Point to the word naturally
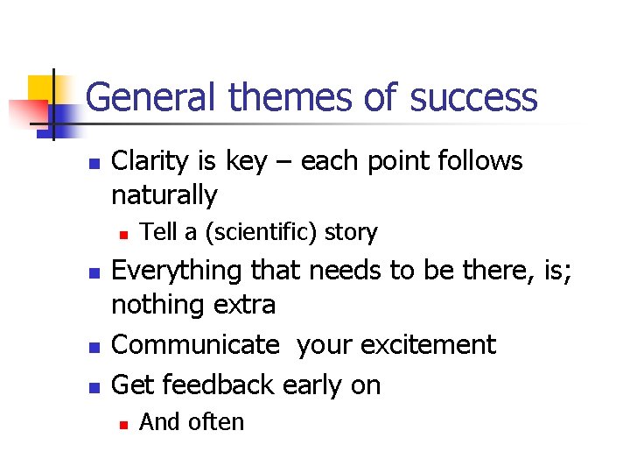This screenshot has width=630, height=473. (164, 195)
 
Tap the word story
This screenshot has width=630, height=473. (350, 233)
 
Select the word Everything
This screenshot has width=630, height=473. (179, 271)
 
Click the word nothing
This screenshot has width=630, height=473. (156, 305)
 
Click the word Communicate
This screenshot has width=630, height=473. (194, 344)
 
